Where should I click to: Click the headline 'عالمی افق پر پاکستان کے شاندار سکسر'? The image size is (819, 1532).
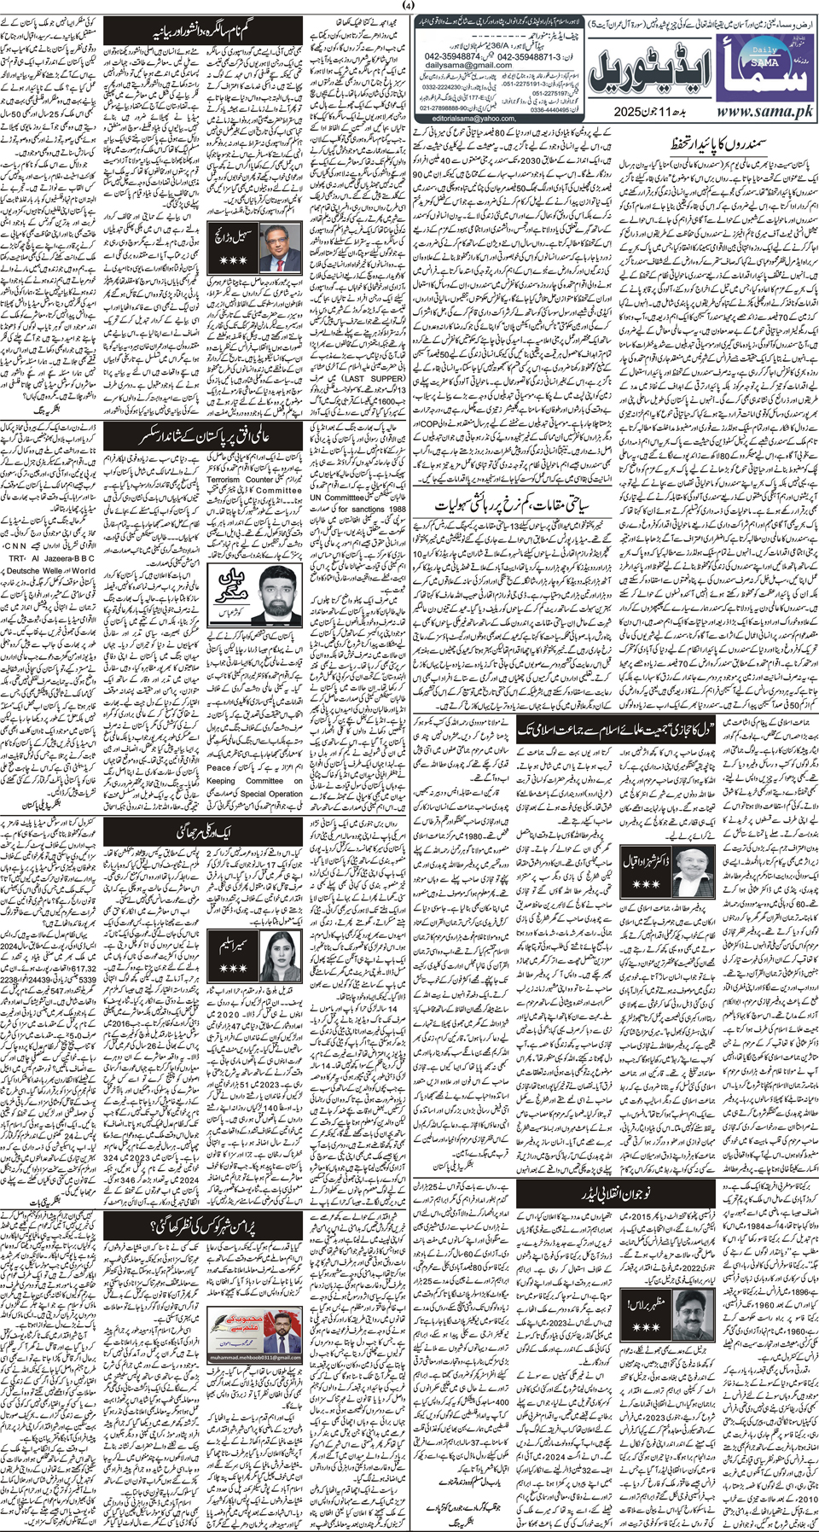pyautogui.click(x=204, y=438)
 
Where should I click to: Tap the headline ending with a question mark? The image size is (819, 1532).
pyautogui.click(x=205, y=1227)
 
